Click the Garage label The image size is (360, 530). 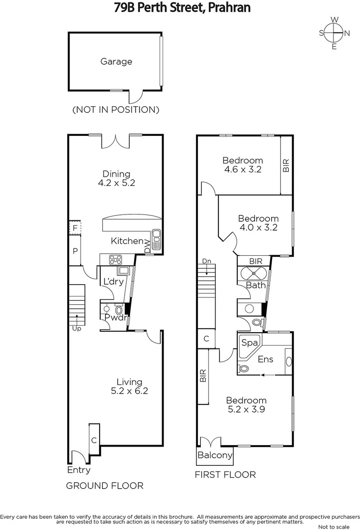point(116,62)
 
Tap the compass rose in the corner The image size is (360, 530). point(334,33)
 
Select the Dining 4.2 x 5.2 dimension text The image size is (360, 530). point(116,183)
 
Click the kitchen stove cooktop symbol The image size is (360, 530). point(116,259)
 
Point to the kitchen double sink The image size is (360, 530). point(157,240)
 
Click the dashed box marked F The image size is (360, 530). point(75,228)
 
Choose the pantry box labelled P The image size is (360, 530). point(75,250)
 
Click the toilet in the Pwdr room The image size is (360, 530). point(118,310)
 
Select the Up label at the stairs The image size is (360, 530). point(76,328)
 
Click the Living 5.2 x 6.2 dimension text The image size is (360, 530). point(129,391)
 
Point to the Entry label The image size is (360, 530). point(79,470)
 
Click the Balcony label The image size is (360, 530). point(215,455)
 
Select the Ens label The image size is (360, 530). point(266,359)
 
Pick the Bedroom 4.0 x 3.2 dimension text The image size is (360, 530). point(258,227)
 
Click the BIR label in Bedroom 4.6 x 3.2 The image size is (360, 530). point(286,166)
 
